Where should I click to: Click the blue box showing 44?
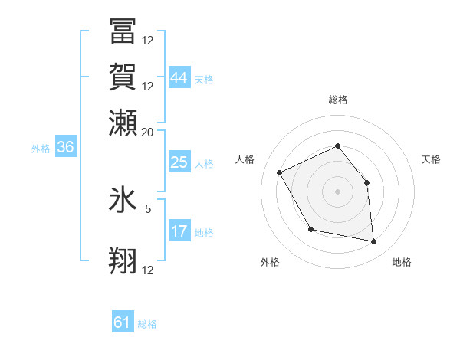(x=179, y=78)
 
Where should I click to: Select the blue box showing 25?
(x=179, y=162)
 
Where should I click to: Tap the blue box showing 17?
(x=179, y=231)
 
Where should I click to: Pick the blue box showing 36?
(x=65, y=148)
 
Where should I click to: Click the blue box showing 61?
(x=123, y=322)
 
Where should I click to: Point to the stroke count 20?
(x=148, y=132)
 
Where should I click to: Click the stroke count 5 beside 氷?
(x=148, y=208)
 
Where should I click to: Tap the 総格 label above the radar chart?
(x=337, y=100)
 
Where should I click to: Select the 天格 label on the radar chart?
(x=431, y=159)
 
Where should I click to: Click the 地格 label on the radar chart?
(x=402, y=262)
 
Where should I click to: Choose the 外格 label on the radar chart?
(x=270, y=262)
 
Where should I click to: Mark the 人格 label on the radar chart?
(x=245, y=159)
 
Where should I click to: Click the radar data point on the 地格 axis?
(x=374, y=242)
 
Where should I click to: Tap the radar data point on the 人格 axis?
(x=280, y=172)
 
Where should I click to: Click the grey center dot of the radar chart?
(x=337, y=191)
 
